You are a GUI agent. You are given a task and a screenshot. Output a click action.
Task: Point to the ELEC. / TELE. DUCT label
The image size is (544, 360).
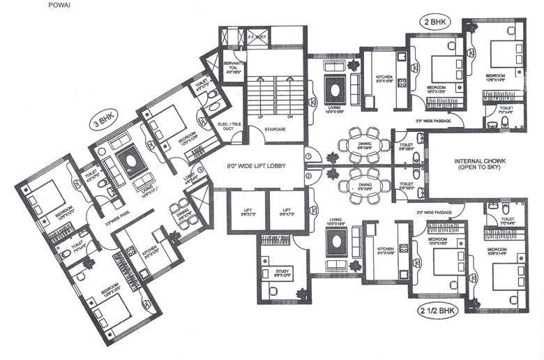[x=229, y=128]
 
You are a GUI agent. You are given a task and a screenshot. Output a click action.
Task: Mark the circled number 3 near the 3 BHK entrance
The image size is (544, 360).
[x=199, y=168]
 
